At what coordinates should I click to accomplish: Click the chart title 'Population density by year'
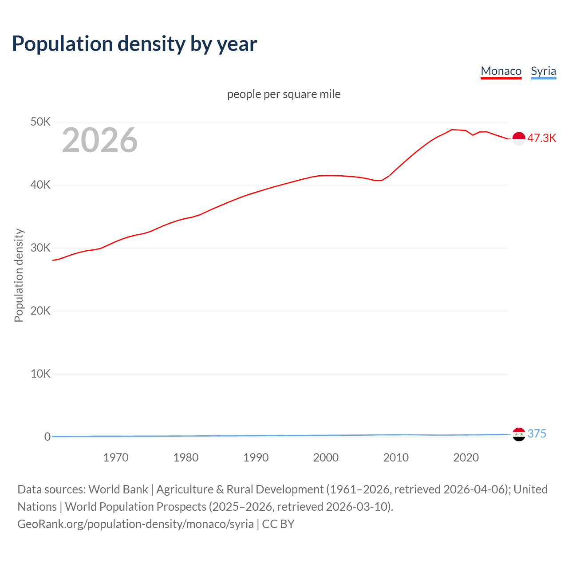click(134, 44)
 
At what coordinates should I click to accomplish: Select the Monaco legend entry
click(501, 71)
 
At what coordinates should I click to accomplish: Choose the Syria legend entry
click(543, 71)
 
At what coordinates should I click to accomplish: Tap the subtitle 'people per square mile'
click(284, 94)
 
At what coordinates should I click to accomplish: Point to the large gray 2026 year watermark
click(100, 140)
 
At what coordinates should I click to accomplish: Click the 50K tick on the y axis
click(40, 122)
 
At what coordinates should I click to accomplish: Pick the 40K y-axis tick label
click(40, 185)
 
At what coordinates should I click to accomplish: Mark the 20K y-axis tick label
click(40, 311)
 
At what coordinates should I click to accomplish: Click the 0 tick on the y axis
click(47, 437)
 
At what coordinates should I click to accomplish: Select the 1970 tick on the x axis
click(116, 458)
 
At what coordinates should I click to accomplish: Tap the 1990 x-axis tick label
click(256, 458)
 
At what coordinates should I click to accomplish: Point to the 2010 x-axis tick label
click(396, 458)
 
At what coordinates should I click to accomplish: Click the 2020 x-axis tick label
click(466, 458)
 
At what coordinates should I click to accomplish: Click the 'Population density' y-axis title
click(19, 275)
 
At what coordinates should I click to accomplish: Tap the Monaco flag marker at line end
click(519, 138)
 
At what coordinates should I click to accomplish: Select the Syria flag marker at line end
click(519, 434)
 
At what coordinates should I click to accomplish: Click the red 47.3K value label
click(541, 138)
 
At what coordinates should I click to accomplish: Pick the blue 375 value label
click(536, 434)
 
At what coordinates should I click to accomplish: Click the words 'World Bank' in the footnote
click(118, 489)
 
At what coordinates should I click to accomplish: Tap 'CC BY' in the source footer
click(278, 524)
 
